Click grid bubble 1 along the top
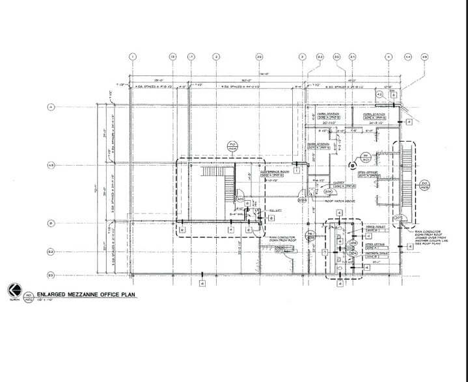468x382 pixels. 132,57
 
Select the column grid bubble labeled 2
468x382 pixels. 215,57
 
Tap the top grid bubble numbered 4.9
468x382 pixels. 425,57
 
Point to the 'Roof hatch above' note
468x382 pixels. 342,202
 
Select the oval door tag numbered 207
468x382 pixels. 400,217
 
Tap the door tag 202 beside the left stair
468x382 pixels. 240,199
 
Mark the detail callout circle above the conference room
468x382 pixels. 232,146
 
